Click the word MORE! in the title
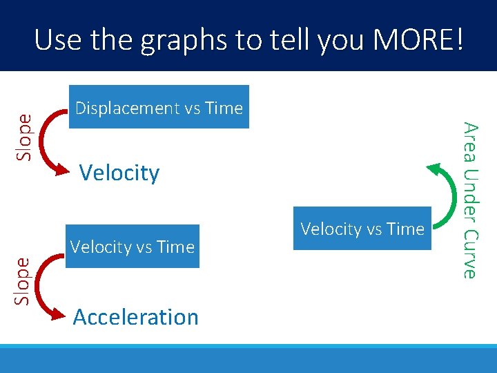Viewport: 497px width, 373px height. [x=418, y=41]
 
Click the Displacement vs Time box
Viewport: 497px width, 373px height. [x=159, y=107]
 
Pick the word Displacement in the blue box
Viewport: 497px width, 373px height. [x=126, y=108]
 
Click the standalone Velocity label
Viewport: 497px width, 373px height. [x=119, y=173]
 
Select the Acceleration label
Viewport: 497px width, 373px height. [x=136, y=317]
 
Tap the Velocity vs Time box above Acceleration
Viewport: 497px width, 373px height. [x=133, y=247]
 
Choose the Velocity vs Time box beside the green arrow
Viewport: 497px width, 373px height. [x=362, y=229]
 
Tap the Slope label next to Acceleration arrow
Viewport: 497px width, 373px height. [x=24, y=280]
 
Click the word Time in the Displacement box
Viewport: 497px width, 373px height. [x=224, y=108]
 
